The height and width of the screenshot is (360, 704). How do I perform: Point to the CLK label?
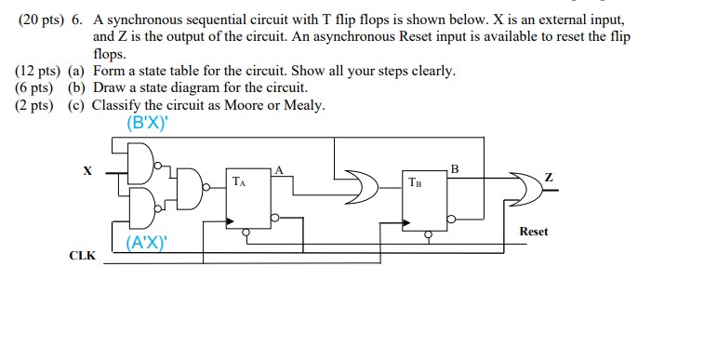pyautogui.click(x=81, y=255)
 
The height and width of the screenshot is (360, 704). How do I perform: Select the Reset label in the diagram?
pyautogui.click(x=534, y=231)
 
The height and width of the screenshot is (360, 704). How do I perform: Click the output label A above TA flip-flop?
pyautogui.click(x=277, y=167)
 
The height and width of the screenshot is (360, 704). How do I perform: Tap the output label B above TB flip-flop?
pyautogui.click(x=454, y=167)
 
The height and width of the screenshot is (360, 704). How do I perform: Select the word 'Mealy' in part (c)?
pyautogui.click(x=305, y=104)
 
